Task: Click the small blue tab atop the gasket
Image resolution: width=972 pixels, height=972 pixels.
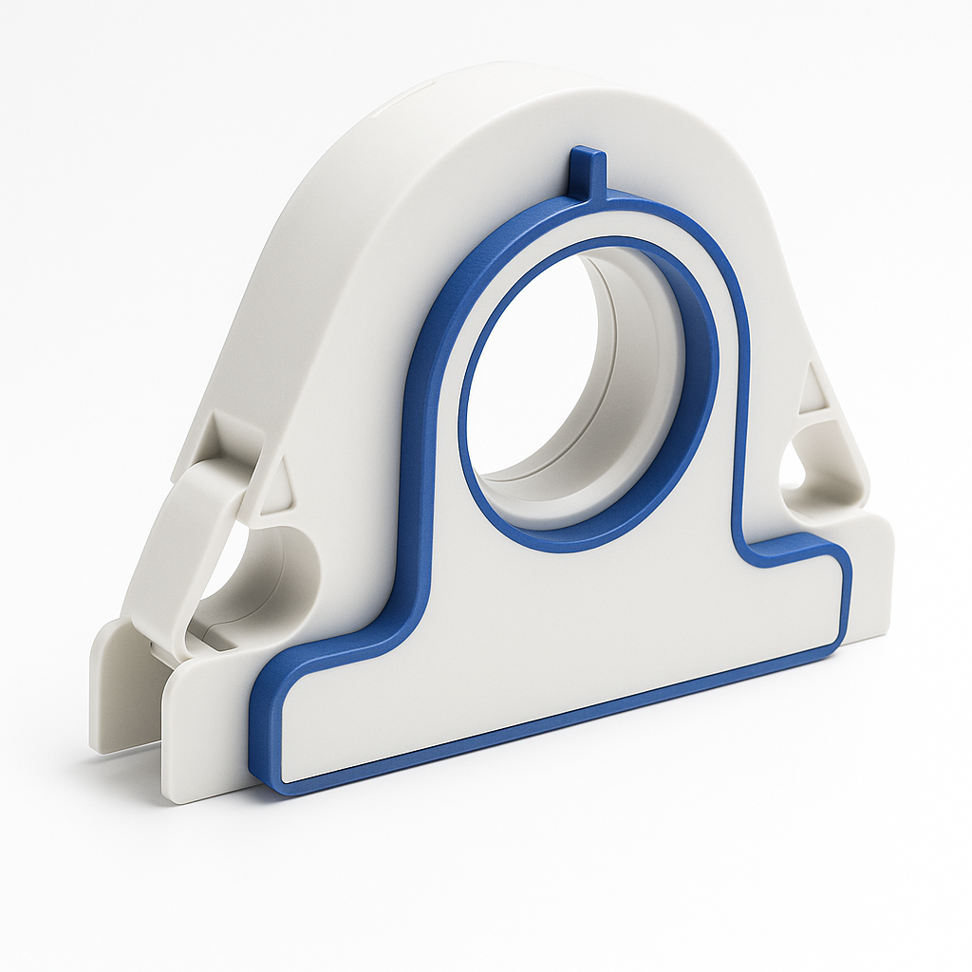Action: coord(588,171)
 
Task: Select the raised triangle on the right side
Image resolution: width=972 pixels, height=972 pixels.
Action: coord(814,391)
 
